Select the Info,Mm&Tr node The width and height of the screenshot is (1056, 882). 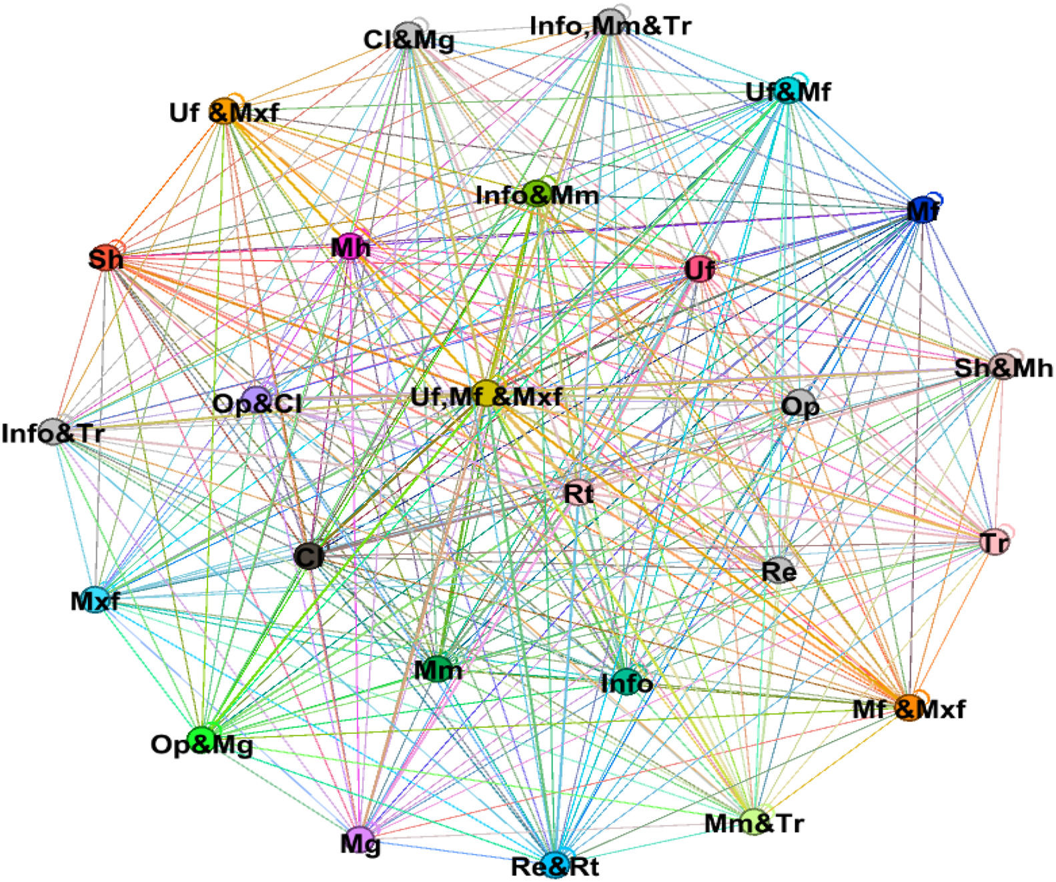tap(610, 20)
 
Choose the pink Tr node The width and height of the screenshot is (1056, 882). tap(995, 541)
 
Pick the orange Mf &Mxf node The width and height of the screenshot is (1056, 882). tap(908, 707)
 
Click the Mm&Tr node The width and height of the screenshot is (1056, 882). tap(754, 821)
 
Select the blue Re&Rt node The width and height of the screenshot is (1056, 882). tap(554, 864)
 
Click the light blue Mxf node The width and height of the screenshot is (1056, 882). tap(95, 600)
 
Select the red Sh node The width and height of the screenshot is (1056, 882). tap(105, 258)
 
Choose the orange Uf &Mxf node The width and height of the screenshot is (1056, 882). tap(225, 111)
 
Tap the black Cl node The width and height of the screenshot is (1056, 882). tap(308, 556)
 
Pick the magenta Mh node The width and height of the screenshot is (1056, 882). tap(350, 247)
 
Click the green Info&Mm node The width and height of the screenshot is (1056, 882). tap(537, 193)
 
